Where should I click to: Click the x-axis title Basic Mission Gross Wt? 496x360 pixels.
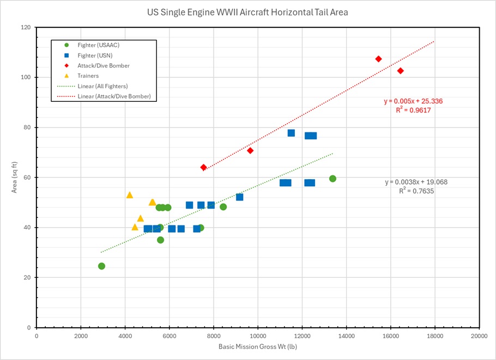click(x=257, y=346)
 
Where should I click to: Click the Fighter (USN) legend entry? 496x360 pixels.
click(x=95, y=56)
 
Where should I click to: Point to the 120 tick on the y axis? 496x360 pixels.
click(x=26, y=27)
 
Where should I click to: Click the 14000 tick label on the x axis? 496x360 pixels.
click(x=346, y=335)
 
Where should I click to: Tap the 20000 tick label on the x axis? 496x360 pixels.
click(x=479, y=335)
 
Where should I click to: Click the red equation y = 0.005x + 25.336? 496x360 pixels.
click(x=414, y=101)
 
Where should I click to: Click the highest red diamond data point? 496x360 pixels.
click(x=378, y=59)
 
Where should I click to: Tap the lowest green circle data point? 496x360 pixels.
click(x=101, y=266)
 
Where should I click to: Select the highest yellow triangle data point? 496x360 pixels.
click(x=130, y=195)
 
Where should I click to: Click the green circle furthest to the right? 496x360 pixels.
click(x=332, y=179)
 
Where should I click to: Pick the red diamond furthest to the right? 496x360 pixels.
click(x=400, y=71)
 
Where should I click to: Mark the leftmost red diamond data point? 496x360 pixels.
click(x=203, y=167)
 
